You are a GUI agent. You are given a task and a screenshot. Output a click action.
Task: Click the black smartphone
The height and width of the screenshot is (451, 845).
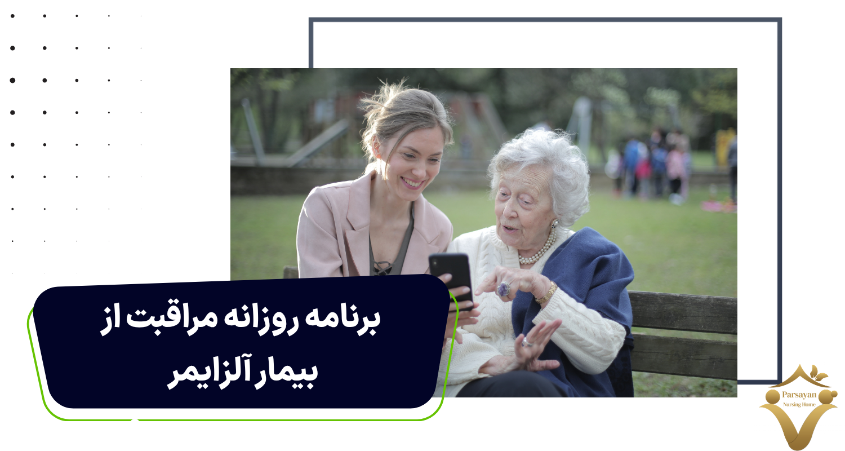(x=451, y=279)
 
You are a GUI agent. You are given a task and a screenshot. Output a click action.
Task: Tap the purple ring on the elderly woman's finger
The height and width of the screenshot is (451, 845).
(x=504, y=289)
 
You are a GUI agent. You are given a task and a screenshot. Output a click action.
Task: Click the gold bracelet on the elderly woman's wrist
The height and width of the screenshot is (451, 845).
(x=546, y=293)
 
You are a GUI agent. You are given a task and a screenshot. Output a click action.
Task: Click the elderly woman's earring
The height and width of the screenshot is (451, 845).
(x=554, y=224)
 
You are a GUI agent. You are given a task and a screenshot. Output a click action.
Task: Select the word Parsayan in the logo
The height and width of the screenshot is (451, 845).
(x=799, y=395)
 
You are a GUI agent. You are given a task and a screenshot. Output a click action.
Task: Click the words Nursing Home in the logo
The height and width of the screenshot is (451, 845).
(x=799, y=404)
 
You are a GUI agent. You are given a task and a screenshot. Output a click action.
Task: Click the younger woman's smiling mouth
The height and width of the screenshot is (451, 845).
(x=412, y=183)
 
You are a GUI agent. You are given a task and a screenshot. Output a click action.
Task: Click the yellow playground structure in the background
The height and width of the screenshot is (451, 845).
(x=724, y=148)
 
